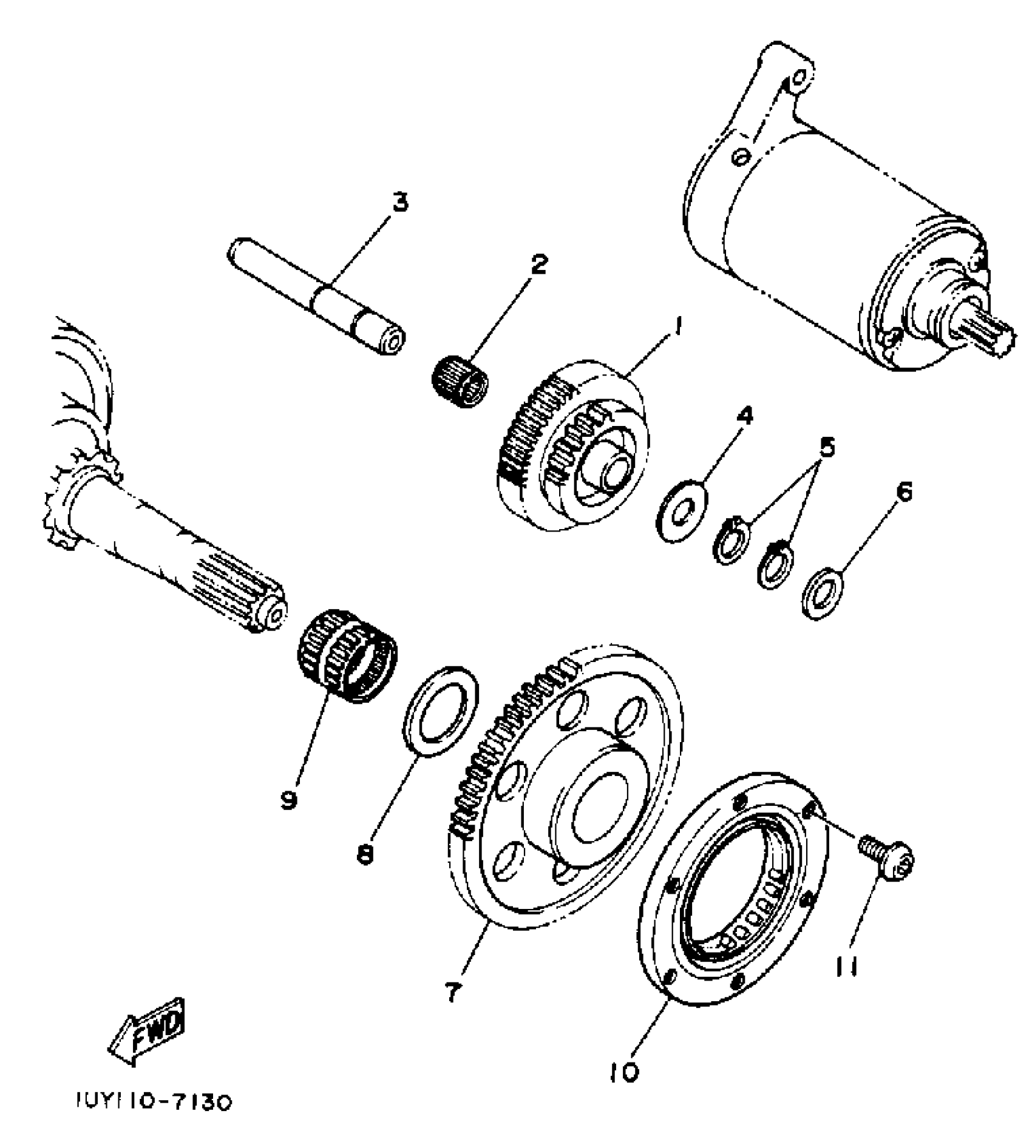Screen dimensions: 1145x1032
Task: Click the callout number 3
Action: [x=399, y=202]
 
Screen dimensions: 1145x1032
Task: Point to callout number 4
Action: [x=744, y=416]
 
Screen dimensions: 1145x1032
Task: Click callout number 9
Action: [x=289, y=800]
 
